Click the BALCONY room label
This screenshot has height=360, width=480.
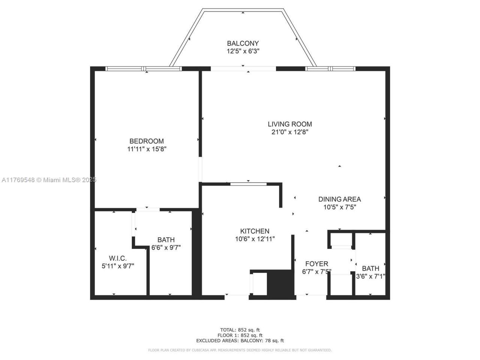(x=243, y=43)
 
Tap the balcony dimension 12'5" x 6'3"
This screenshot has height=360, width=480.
(x=243, y=51)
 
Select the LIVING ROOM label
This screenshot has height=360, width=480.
(x=289, y=124)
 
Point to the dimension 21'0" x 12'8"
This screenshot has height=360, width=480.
(x=289, y=132)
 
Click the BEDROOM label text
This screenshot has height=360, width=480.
(x=146, y=141)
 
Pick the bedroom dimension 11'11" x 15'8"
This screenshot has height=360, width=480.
(x=146, y=149)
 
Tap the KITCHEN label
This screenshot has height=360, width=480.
(x=255, y=231)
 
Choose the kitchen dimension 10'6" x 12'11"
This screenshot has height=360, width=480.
(x=255, y=239)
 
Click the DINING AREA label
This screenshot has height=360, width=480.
(x=339, y=199)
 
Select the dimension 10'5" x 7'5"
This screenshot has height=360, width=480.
(x=339, y=207)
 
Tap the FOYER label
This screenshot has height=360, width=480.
(x=316, y=264)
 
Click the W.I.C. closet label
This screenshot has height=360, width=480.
(x=118, y=258)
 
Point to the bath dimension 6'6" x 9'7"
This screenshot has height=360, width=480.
(x=166, y=247)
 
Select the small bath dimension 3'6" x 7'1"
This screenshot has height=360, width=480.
(x=370, y=276)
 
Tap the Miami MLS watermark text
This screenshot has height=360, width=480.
(x=49, y=180)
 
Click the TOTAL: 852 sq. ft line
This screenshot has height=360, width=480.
(x=240, y=330)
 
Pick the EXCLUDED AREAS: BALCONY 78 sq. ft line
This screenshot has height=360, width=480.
(x=240, y=341)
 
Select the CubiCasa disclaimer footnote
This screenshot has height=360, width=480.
(x=240, y=350)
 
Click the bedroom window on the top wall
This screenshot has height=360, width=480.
(x=144, y=69)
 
